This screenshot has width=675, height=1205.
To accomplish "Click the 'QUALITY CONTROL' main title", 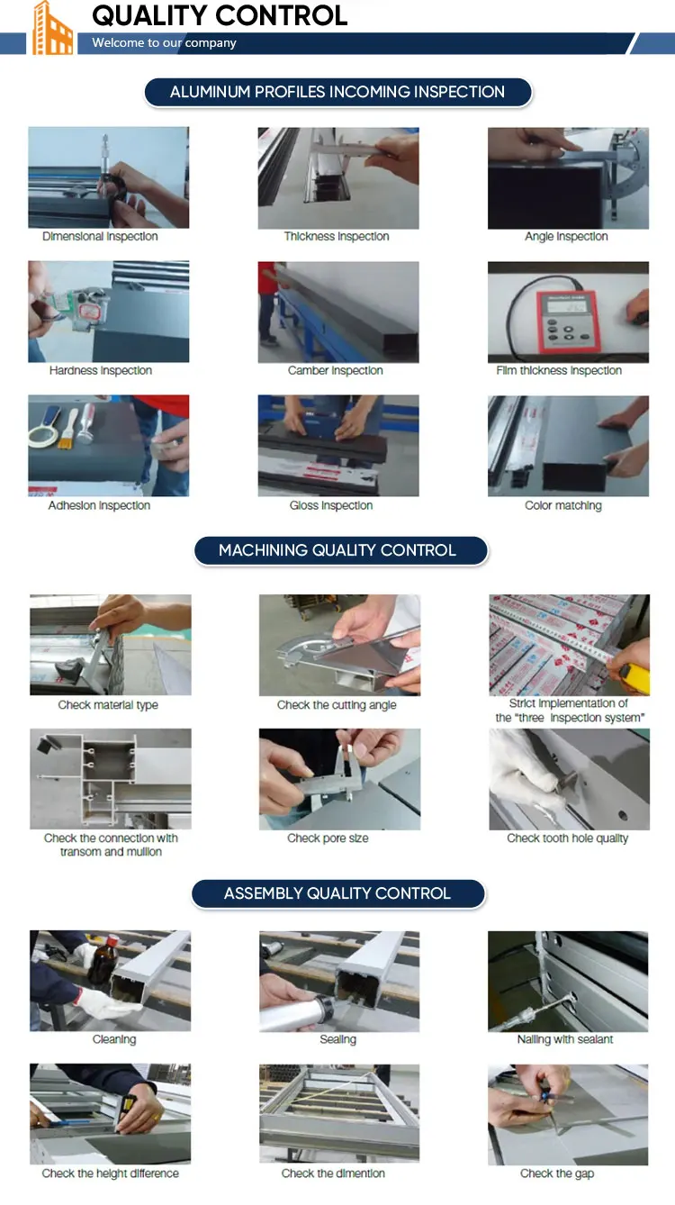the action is (x=220, y=15).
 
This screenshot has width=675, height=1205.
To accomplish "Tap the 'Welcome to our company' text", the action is (x=164, y=43).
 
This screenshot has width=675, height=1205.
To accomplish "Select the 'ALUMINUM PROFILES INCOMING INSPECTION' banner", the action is (x=337, y=92).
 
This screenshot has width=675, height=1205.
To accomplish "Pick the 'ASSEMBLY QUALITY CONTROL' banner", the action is (x=338, y=893).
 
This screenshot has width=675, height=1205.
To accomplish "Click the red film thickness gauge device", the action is (x=567, y=320).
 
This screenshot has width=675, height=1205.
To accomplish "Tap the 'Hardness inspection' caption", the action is (x=101, y=371).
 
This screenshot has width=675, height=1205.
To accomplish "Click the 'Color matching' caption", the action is (x=563, y=505).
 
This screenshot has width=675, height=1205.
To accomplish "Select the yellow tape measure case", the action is (x=634, y=678).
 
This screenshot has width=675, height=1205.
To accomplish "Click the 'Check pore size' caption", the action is (x=328, y=838).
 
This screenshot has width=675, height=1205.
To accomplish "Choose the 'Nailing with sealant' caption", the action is (x=565, y=1039).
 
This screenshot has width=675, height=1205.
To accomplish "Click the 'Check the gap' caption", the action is (x=557, y=1173).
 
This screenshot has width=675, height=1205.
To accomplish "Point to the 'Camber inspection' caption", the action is (x=336, y=371).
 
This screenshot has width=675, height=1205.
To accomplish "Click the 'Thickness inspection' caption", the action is (x=337, y=237).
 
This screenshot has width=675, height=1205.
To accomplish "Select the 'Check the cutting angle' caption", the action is (x=337, y=705).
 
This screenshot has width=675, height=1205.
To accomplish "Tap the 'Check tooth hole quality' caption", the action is (x=568, y=838).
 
